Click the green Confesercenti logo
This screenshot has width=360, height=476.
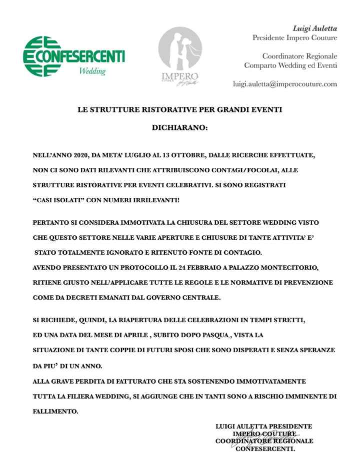tap(74, 55)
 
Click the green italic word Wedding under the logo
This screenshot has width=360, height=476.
tap(92, 71)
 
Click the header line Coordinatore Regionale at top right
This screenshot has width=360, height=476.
tap(299, 56)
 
